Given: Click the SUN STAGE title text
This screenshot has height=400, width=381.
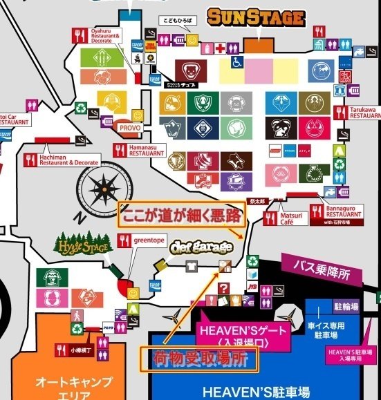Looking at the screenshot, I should click(x=256, y=17).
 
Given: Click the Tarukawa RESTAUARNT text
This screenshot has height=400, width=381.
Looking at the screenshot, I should click(x=363, y=112).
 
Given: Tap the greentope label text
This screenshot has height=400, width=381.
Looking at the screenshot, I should click(x=148, y=240).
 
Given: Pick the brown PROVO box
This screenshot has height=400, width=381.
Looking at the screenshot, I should click(x=129, y=128).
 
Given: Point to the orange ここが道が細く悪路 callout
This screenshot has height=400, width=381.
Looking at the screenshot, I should click(x=181, y=215).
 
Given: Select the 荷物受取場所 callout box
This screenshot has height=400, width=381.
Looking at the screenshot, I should click(x=198, y=358).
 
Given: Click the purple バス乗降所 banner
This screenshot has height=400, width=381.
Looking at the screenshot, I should click(x=322, y=267).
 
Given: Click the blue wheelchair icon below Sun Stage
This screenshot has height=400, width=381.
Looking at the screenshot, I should click(x=236, y=62).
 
